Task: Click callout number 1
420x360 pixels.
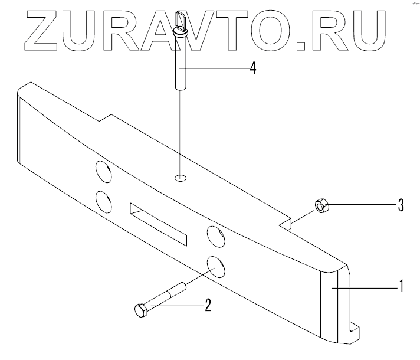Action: click(x=401, y=287)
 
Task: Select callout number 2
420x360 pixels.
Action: click(x=207, y=305)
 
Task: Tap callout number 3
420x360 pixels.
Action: click(x=401, y=205)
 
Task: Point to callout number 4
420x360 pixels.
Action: click(x=252, y=67)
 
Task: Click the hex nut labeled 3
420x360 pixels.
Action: click(x=321, y=206)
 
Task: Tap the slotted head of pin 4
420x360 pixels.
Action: click(x=181, y=30)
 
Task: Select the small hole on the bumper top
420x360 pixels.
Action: click(x=181, y=177)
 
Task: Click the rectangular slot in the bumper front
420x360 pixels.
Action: click(x=157, y=224)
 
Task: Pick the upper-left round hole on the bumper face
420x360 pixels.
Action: click(x=103, y=172)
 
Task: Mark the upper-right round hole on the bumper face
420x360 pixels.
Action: click(x=215, y=237)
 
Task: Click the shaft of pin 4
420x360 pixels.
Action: click(x=181, y=65)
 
